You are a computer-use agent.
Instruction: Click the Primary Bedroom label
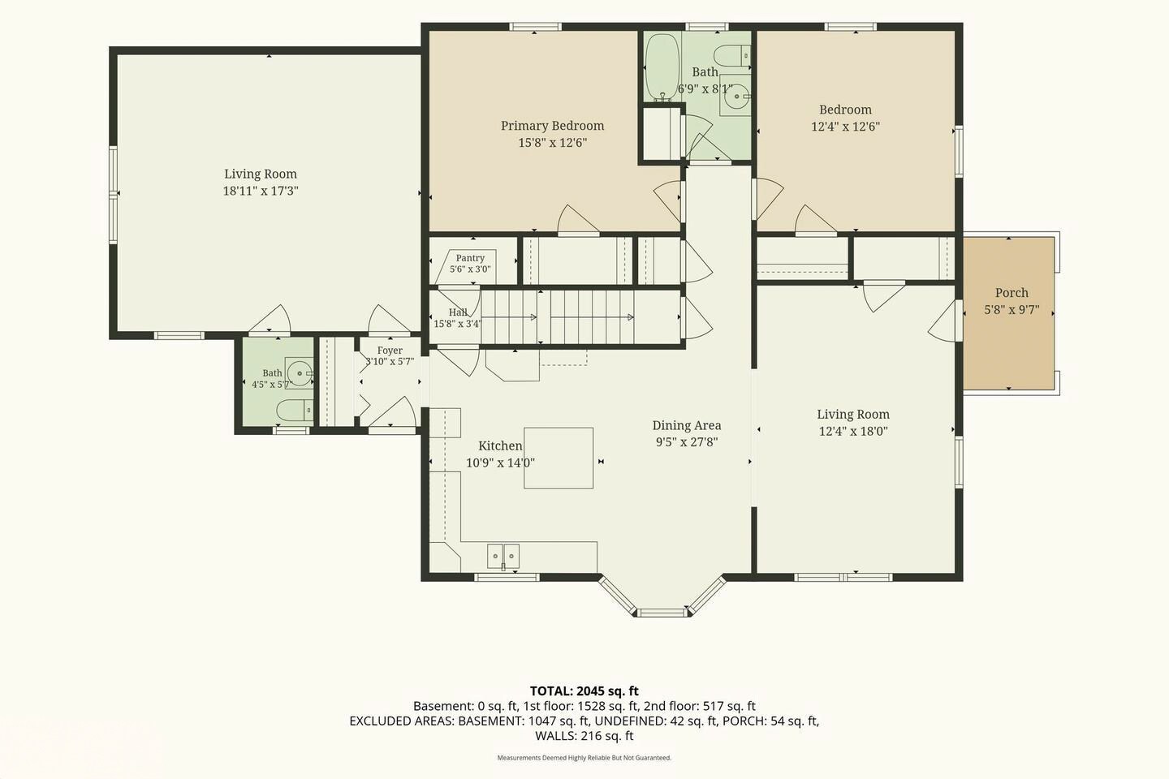coord(552,126)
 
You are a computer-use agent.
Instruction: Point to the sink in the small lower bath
coord(299,373)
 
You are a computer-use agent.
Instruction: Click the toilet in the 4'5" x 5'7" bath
coord(295,411)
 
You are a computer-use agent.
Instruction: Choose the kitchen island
coord(559,458)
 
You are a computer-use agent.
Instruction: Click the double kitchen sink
coord(503,556)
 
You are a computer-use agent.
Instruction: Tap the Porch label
coord(1012,293)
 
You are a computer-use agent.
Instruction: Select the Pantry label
coord(470,258)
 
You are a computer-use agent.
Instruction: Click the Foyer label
coord(390,350)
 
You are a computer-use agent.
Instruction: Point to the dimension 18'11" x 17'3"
coord(261,191)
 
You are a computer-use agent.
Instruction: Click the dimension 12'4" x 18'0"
coord(853,432)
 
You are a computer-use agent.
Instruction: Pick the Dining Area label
coord(687,425)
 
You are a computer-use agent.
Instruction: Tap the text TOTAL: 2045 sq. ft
coord(584,691)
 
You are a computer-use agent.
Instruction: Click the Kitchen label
coord(500,445)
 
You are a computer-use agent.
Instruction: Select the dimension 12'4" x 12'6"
coord(845,127)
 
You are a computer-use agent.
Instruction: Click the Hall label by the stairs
coord(458,312)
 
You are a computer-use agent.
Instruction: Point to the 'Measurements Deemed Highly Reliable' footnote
coord(584,758)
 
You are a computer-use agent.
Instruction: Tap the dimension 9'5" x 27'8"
coord(687,442)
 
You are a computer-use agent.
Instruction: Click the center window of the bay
coord(662,613)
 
